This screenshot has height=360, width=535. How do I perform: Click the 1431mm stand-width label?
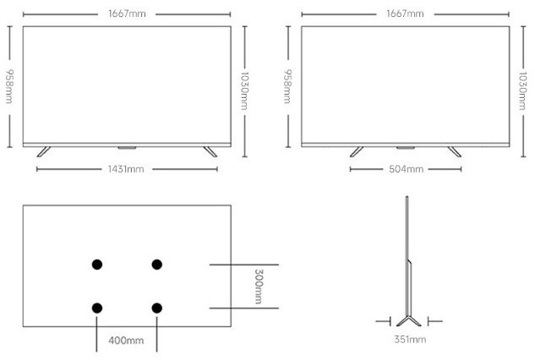[x=126, y=169]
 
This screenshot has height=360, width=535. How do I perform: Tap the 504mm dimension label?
[x=406, y=169]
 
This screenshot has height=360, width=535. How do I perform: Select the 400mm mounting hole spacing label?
[x=126, y=341]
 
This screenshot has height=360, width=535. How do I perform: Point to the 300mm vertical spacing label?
[x=259, y=286]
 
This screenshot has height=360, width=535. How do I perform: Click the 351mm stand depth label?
[x=410, y=339]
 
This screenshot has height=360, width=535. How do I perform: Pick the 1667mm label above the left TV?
[x=127, y=14]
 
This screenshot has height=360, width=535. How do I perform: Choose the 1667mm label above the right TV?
[x=405, y=14]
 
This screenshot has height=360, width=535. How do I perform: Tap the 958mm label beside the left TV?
[x=9, y=86]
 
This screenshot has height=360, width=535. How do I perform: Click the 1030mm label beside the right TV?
[x=522, y=90]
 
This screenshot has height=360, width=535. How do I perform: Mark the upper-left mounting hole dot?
[x=97, y=265]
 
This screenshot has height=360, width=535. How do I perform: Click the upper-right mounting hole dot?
[x=157, y=265]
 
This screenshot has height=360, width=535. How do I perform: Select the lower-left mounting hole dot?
[x=97, y=308]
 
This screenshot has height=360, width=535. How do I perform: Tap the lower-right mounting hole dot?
[x=157, y=308]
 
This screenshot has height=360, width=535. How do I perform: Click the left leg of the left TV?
[x=44, y=152]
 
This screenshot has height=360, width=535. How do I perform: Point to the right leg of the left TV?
[x=210, y=152]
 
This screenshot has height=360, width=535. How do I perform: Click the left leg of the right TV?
[x=357, y=152]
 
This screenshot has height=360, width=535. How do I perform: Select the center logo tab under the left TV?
[x=127, y=148]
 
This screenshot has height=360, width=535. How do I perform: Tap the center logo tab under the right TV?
[x=406, y=148]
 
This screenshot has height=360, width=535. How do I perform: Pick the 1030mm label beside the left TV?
[x=244, y=90]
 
